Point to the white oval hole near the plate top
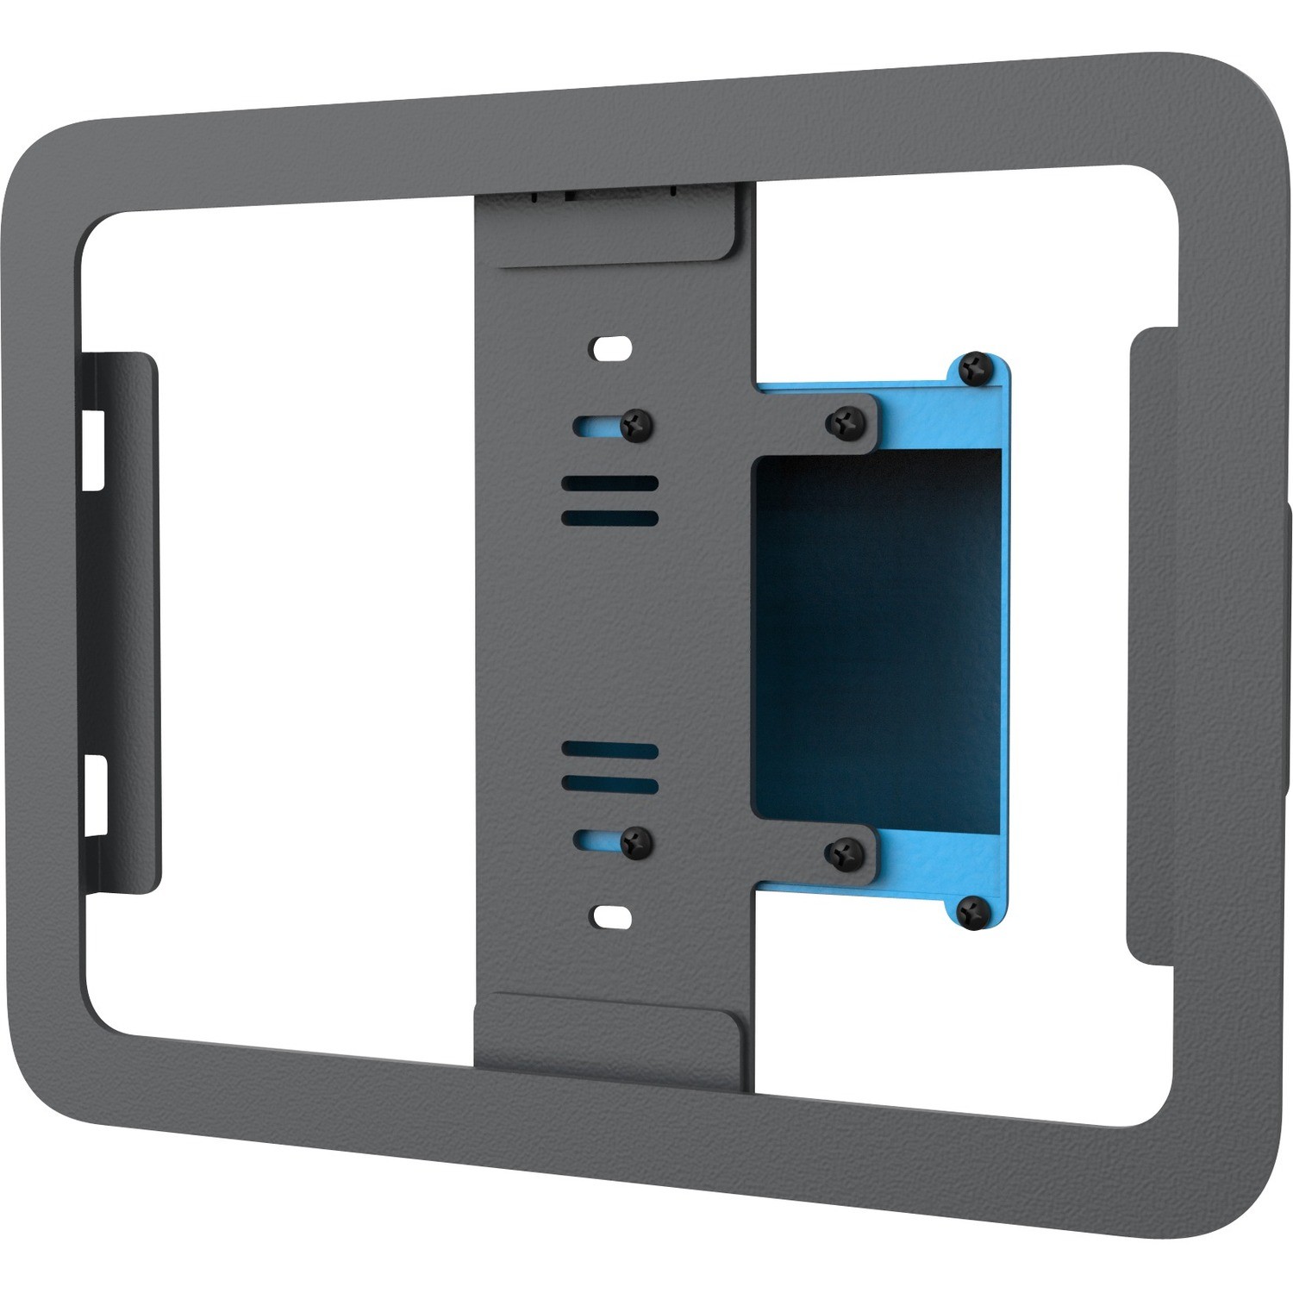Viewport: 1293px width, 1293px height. [611, 348]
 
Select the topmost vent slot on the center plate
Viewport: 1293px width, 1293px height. [609, 484]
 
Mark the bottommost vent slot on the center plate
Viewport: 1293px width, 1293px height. [609, 785]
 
